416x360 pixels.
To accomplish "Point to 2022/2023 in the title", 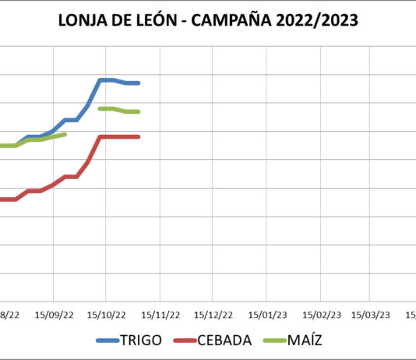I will tap(321, 21).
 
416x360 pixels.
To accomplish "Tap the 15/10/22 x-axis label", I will tap(106, 315).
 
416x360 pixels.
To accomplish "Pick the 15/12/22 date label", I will tap(213, 315).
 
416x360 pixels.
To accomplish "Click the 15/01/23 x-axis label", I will tap(267, 315).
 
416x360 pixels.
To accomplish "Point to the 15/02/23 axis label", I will tap(321, 315).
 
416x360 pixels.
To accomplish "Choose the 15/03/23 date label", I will tap(371, 315).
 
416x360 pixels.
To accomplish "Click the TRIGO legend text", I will tap(141, 341).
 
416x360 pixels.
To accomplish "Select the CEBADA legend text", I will tap(224, 341).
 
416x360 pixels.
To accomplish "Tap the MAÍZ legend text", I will tap(305, 341).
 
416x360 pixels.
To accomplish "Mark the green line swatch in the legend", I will tap(274, 341).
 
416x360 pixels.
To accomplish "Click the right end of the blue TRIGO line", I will tap(138, 83).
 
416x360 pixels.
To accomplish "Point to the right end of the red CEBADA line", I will tap(138, 136).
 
